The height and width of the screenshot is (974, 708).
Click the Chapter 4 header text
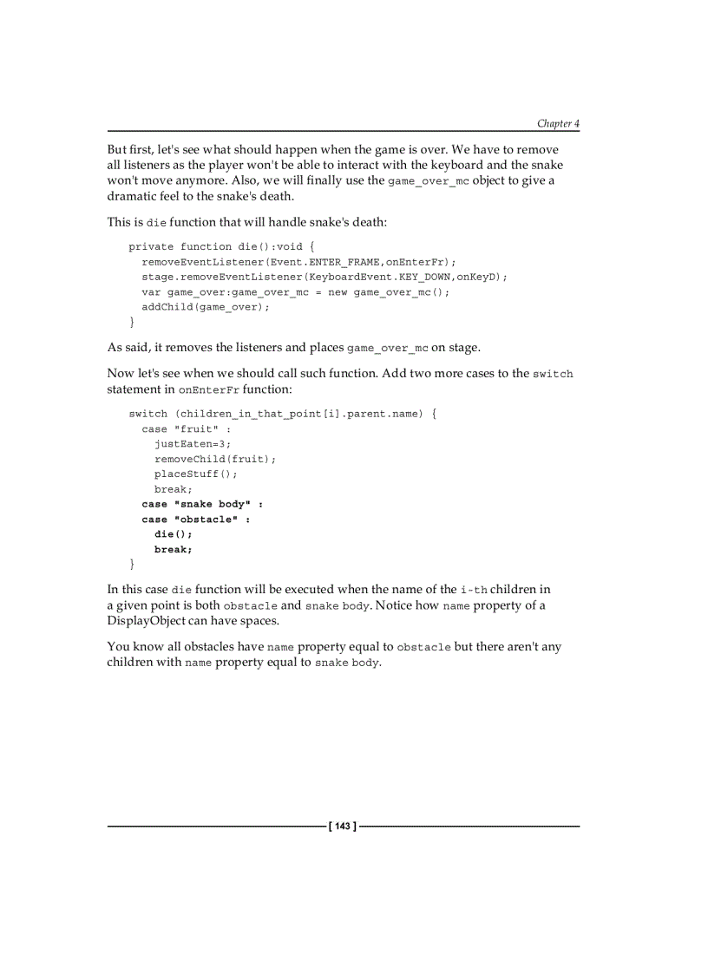pos(557,124)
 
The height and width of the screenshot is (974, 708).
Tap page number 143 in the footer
pos(343,827)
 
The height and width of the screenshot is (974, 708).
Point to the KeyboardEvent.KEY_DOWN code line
pos(324,277)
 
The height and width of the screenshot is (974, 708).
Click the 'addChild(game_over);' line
pos(206,307)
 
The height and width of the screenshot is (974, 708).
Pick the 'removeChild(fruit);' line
pos(215,460)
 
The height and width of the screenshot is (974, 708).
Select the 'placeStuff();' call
pos(196,474)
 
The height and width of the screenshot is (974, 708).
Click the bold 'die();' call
pos(174,534)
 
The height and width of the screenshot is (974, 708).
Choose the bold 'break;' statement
pos(174,550)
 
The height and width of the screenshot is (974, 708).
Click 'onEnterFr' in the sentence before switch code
pos(208,390)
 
